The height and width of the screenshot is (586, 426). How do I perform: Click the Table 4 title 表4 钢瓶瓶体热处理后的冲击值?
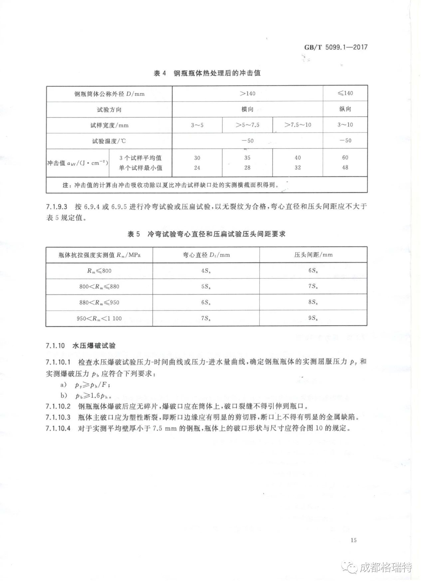[x=207, y=73]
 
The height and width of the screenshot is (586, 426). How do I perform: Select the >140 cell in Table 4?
[x=247, y=94]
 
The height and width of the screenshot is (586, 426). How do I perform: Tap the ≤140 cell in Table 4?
[x=345, y=93]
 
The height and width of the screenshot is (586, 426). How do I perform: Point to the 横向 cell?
[x=247, y=109]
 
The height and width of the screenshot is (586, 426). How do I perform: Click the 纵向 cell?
[x=345, y=109]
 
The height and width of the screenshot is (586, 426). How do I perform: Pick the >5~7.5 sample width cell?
[x=247, y=125]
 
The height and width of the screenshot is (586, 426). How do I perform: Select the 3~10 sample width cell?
[x=345, y=125]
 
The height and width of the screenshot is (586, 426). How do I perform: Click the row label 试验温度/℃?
[x=109, y=141]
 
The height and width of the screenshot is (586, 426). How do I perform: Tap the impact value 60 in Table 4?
[x=345, y=157]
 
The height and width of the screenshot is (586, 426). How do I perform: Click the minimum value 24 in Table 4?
[x=197, y=168]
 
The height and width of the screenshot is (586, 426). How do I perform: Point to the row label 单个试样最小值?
[x=140, y=168]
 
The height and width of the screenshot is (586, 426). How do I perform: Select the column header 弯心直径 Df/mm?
[x=206, y=255]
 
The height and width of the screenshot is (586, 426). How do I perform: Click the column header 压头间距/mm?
[x=313, y=255]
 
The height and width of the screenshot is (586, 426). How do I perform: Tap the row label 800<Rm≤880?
[x=99, y=286]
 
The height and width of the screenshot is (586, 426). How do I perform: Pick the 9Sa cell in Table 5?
[x=313, y=318]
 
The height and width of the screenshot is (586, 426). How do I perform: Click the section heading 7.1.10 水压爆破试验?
[x=81, y=346]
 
